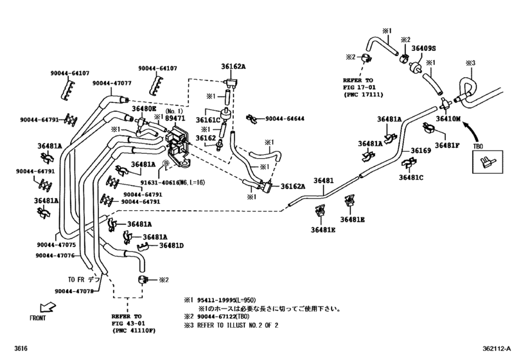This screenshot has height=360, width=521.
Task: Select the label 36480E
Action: point(144,109)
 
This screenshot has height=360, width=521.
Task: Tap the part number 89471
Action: point(175,118)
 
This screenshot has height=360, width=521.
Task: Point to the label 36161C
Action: point(209,120)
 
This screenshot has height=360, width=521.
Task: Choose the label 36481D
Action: point(172,246)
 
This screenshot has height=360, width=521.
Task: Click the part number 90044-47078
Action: point(74,292)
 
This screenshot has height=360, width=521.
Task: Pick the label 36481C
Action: point(411,177)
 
